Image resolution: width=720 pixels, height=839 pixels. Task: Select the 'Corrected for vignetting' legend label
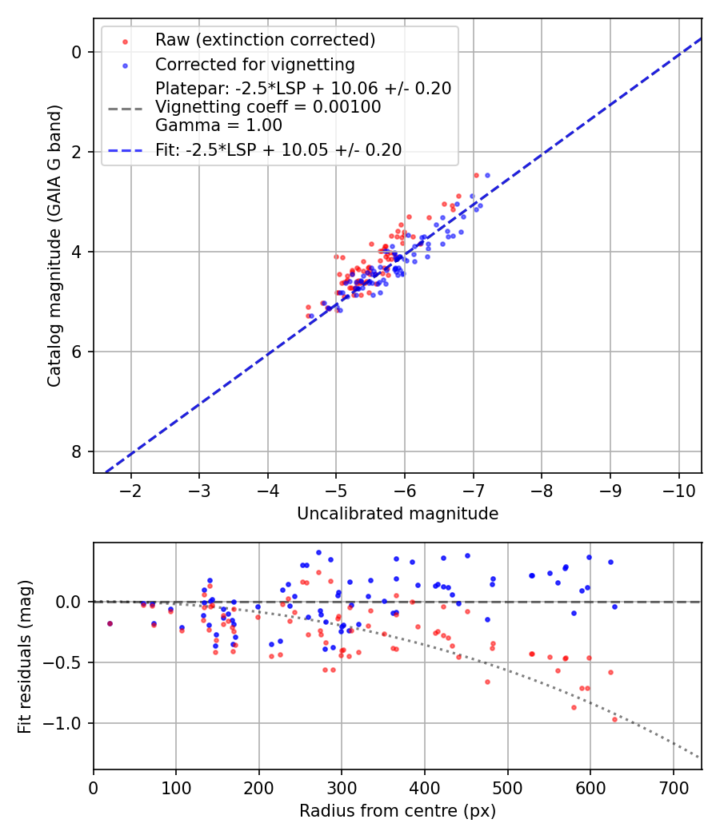[255, 64]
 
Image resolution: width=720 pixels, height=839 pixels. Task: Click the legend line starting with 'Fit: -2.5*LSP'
[278, 149]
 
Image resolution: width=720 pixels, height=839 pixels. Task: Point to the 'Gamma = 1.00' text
[218, 125]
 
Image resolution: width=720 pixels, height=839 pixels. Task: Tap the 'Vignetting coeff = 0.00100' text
[268, 106]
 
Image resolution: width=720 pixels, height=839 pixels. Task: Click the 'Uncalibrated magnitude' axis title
[398, 514]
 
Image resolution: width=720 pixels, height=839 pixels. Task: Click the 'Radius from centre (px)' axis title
[398, 811]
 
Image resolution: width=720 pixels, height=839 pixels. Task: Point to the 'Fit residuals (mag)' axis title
[26, 657]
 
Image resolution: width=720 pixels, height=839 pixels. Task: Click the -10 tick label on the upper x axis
[679, 489]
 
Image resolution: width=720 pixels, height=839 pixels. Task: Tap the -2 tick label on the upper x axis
[131, 489]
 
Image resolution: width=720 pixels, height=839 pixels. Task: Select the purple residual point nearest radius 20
[110, 623]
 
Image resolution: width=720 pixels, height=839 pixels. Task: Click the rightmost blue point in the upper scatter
[486, 175]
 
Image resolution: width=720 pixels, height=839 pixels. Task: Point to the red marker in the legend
[124, 40]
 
